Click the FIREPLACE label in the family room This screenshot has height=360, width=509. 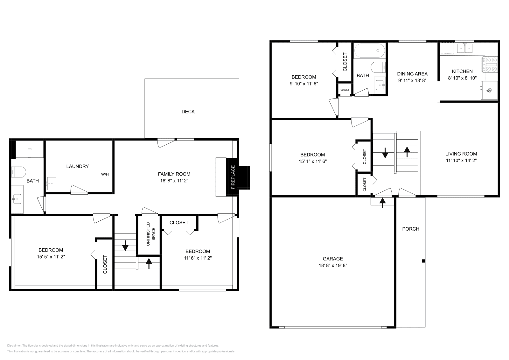pyautogui.click(x=233, y=177)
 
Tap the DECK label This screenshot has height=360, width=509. pyautogui.click(x=188, y=112)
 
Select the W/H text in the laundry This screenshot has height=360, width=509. pyautogui.click(x=105, y=174)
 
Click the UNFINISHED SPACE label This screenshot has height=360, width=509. pyautogui.click(x=150, y=237)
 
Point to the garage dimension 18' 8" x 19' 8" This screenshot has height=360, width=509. pyautogui.click(x=333, y=266)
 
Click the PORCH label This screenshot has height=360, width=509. pyautogui.click(x=410, y=229)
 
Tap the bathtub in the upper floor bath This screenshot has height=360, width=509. pyautogui.click(x=370, y=50)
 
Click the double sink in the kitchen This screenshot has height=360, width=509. pyautogui.click(x=465, y=48)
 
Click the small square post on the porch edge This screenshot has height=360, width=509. pyautogui.click(x=423, y=261)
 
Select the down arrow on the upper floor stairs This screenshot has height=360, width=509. pyautogui.click(x=385, y=153)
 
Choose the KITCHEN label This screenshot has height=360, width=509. pyautogui.click(x=462, y=71)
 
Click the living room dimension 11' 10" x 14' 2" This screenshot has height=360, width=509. pyautogui.click(x=461, y=161)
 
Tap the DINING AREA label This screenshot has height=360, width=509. pyautogui.click(x=412, y=74)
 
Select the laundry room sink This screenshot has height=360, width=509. pyautogui.click(x=51, y=184)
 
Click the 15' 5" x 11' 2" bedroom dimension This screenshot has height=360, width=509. pyautogui.click(x=51, y=257)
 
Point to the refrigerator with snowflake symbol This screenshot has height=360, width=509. pyautogui.click(x=489, y=91)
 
